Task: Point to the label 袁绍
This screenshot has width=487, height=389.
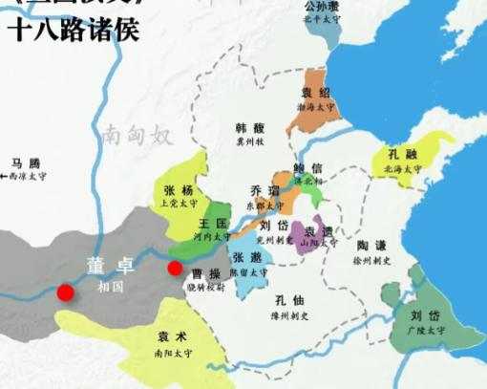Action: (315, 93)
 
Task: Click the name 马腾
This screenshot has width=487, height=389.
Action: (26, 163)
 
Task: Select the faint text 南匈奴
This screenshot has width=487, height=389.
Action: (139, 135)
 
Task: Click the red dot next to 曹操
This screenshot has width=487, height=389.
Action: (175, 269)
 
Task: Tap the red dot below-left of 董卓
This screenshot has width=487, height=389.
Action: (65, 292)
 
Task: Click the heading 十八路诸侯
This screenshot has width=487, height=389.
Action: (73, 30)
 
